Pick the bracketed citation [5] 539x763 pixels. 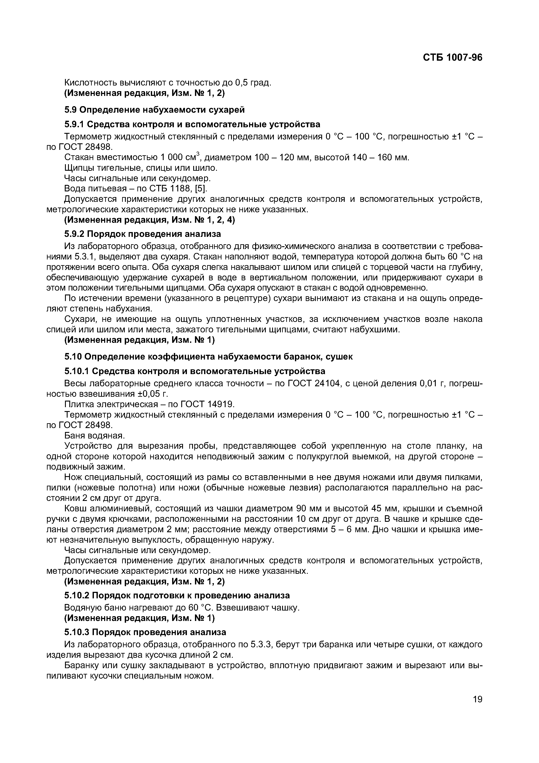tap(201, 188)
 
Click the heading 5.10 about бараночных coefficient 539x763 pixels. tap(208, 356)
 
